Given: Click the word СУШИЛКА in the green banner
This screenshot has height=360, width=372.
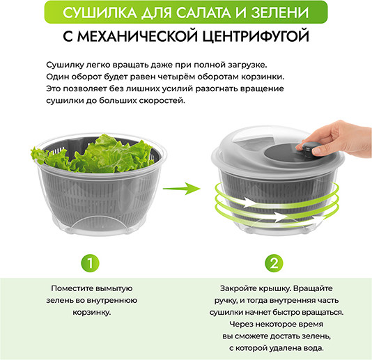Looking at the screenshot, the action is coord(100,13).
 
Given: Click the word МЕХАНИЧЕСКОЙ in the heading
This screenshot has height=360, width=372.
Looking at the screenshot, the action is coord(138,36).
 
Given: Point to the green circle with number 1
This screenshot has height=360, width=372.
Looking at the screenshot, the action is coord(90,263).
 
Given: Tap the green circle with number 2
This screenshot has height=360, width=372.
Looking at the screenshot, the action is coord(274,263).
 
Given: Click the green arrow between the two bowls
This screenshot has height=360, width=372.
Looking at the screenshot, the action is coord(182,189).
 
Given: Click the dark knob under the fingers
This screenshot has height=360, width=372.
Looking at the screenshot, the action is coord(309,149).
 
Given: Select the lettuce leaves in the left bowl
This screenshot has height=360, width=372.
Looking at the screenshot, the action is coord(95,154).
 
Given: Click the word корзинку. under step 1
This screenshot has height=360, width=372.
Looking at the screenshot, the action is coord(92,313).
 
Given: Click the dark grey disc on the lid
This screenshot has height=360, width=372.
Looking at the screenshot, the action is coord(282,152).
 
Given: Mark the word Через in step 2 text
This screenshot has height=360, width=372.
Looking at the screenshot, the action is coord(240,324).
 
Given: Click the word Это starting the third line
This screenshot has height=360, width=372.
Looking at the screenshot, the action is coord(53,88).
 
